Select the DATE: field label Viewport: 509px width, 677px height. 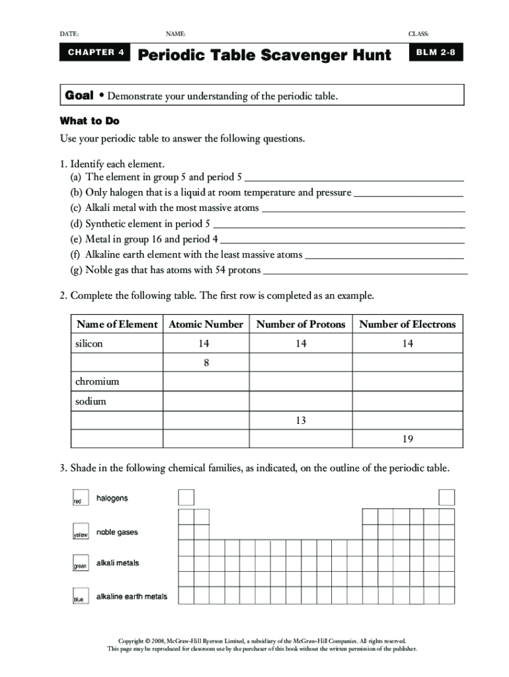tap(69, 34)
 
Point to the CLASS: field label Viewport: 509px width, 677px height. tap(418, 34)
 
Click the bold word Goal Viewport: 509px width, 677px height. tap(79, 97)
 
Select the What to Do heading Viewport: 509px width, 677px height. tap(89, 121)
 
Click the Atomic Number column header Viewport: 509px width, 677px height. tap(206, 325)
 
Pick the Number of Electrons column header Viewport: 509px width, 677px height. tap(407, 325)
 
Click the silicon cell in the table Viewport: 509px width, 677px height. tap(89, 344)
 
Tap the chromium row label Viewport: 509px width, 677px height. tap(97, 382)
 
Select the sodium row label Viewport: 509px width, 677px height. tap(91, 401)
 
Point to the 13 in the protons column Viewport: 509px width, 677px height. tap(301, 420)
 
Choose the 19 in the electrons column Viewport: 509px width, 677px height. tap(407, 440)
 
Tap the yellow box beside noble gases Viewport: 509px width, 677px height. tap(79, 532)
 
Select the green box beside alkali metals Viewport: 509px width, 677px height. tap(79, 563)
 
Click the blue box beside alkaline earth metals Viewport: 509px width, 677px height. tap(79, 596)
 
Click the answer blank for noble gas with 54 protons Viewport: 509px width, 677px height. tap(365, 271)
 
